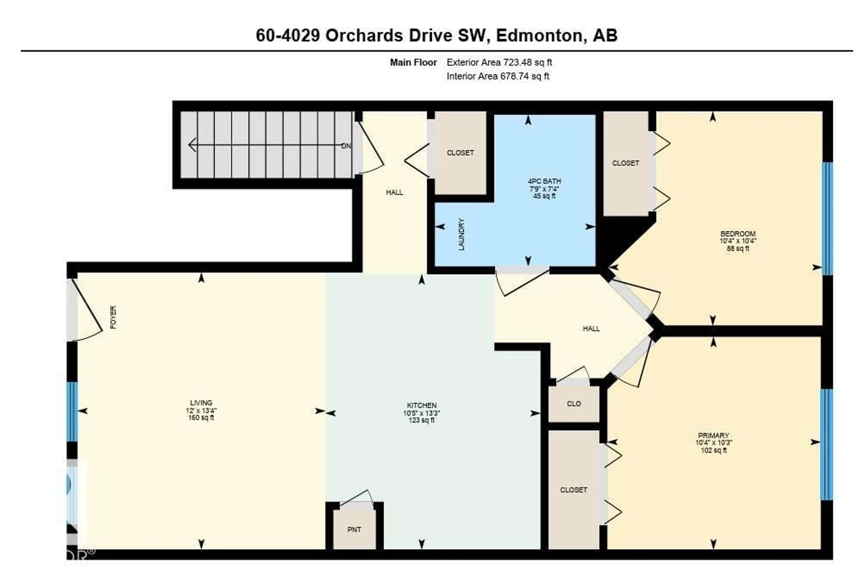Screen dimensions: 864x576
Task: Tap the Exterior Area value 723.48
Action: [517, 63]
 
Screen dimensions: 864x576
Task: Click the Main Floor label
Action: [413, 63]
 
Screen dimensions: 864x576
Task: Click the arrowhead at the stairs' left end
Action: [192, 145]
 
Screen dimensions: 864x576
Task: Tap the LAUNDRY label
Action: [462, 234]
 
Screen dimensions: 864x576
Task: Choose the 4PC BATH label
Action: [544, 181]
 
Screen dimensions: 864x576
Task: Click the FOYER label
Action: [113, 317]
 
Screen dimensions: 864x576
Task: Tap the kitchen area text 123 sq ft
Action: [422, 420]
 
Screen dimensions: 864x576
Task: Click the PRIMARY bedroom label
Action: [713, 436]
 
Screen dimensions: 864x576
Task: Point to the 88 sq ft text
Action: [738, 249]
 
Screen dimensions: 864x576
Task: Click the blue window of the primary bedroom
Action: [826, 445]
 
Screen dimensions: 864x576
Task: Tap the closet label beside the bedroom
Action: [625, 163]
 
